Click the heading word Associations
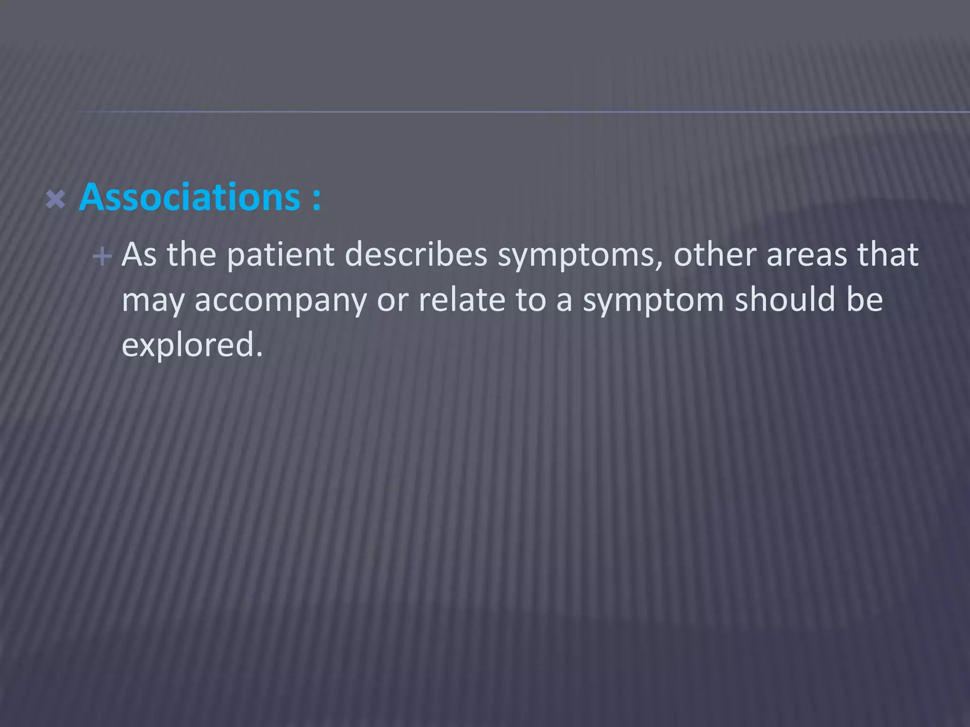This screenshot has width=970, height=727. (x=189, y=197)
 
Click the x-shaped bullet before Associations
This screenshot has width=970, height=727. (x=55, y=200)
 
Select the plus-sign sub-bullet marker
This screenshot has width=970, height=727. (x=102, y=257)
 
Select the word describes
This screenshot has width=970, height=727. (x=416, y=255)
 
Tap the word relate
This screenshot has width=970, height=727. (x=462, y=300)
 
